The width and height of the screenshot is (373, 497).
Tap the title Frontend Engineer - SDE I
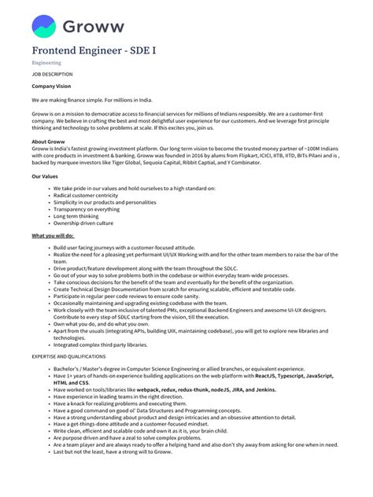tap(94, 50)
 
